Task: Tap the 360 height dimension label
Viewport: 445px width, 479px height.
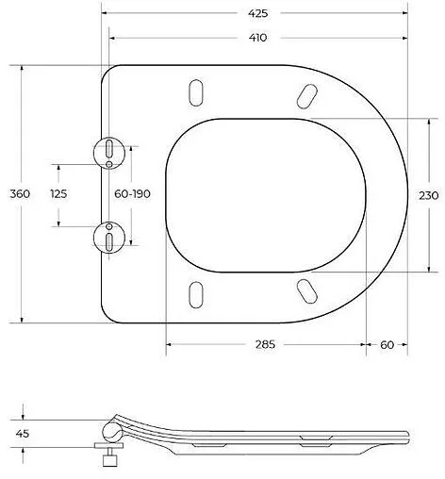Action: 20,193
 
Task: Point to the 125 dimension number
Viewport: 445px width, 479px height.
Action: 58,193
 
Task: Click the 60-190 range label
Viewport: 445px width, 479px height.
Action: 132,193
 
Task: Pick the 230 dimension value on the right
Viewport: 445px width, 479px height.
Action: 428,196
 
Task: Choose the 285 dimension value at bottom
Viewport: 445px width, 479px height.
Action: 265,345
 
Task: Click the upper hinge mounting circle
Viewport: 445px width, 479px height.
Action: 110,151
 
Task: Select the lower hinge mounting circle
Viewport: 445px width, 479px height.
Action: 110,236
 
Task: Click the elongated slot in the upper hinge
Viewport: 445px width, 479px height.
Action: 110,147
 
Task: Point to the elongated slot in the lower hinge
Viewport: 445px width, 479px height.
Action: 110,241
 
